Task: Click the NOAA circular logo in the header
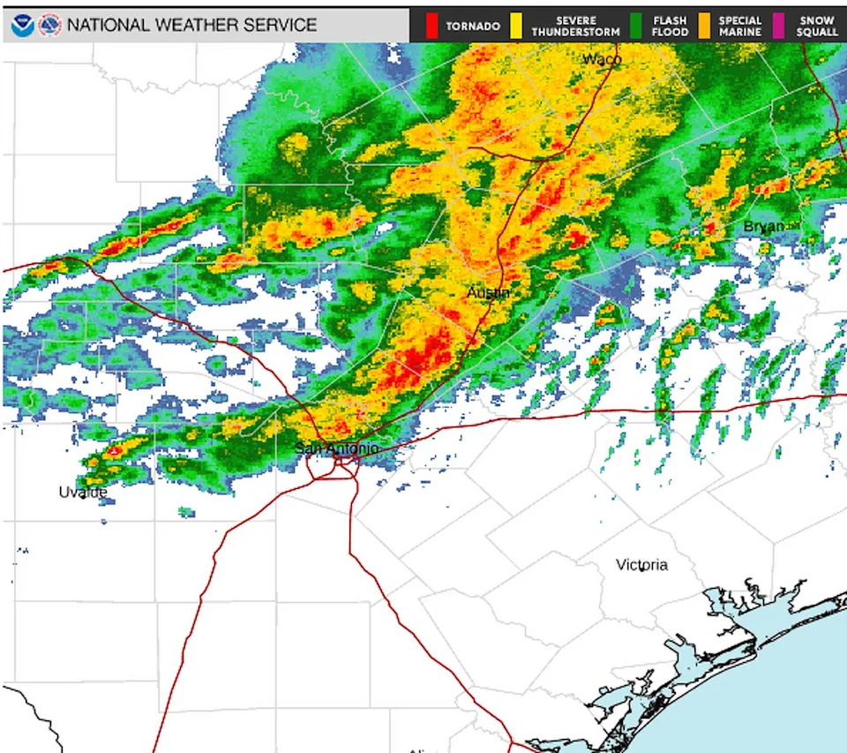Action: pos(23,25)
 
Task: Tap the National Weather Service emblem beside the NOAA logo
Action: pos(50,25)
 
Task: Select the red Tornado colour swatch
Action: pos(431,26)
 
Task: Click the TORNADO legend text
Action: pos(473,26)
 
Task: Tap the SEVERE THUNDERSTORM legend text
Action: pos(575,26)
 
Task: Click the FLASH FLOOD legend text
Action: pos(670,26)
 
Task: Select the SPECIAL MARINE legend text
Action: pos(740,26)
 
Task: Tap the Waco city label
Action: pos(602,59)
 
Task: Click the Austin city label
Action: pos(488,292)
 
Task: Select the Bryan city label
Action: pos(764,227)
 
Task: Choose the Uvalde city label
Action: pos(83,492)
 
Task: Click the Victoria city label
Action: pos(641,565)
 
